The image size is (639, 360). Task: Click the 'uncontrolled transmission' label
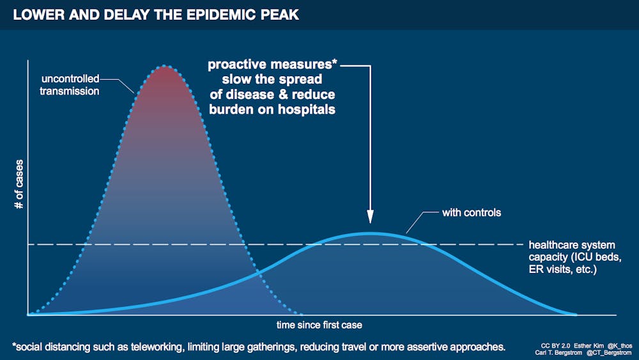(x=70, y=85)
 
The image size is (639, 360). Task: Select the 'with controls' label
(x=471, y=212)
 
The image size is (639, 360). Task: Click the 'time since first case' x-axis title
(x=319, y=325)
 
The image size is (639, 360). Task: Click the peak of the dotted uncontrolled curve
(x=165, y=66)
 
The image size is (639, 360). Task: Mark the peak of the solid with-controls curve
(x=370, y=233)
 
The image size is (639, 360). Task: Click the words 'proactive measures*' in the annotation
(x=272, y=65)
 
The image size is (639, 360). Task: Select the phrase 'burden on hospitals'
(x=272, y=109)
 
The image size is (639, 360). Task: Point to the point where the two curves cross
(x=258, y=274)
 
